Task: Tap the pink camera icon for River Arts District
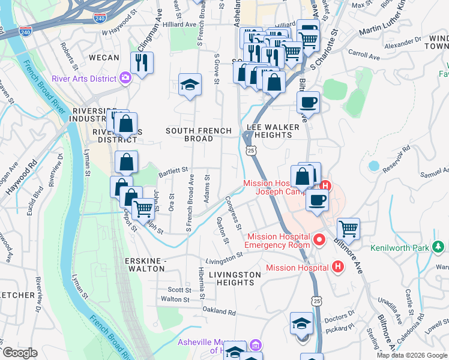coord(125,76)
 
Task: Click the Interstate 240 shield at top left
coord(25,31)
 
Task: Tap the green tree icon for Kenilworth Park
coord(439,247)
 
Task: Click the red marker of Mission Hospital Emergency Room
coord(319,241)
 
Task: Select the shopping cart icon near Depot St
coord(143,209)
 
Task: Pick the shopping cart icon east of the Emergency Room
coord(348,228)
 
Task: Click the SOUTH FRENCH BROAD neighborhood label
coord(198,134)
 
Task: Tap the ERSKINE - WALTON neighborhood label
coord(144,265)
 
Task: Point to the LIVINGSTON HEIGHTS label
coord(235,278)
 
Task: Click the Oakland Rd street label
coord(218,311)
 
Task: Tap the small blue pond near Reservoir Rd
coord(374,166)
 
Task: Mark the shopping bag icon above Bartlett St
coord(126,161)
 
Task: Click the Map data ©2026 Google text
coord(412,355)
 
